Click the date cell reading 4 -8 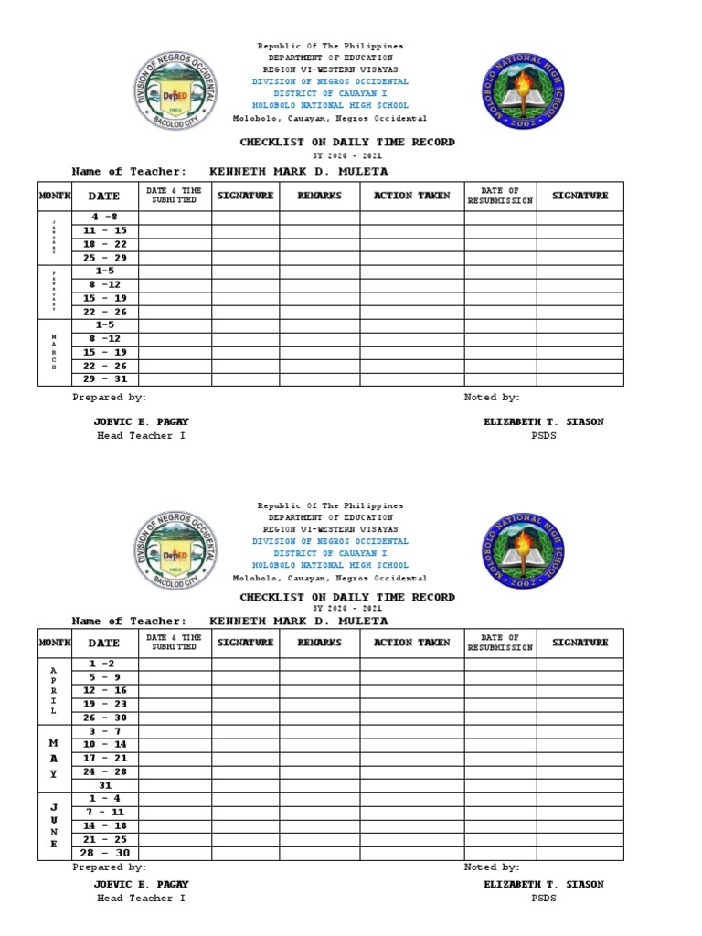[x=104, y=217]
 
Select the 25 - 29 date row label [x=104, y=258]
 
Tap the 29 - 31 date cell [x=104, y=379]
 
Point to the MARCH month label [x=54, y=352]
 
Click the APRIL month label [x=54, y=690]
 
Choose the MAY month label [x=54, y=759]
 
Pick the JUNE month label [x=54, y=825]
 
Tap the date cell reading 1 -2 [x=104, y=664]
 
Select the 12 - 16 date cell [x=104, y=690]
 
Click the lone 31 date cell [x=104, y=785]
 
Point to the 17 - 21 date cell [x=104, y=758]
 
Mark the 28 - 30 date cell [x=104, y=853]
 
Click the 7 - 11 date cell [x=104, y=812]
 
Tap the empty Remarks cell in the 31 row [x=319, y=785]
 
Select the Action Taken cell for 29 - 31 [x=411, y=379]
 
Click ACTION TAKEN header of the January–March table [x=411, y=196]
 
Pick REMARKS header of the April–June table [x=319, y=643]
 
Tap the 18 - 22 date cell [x=104, y=244]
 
